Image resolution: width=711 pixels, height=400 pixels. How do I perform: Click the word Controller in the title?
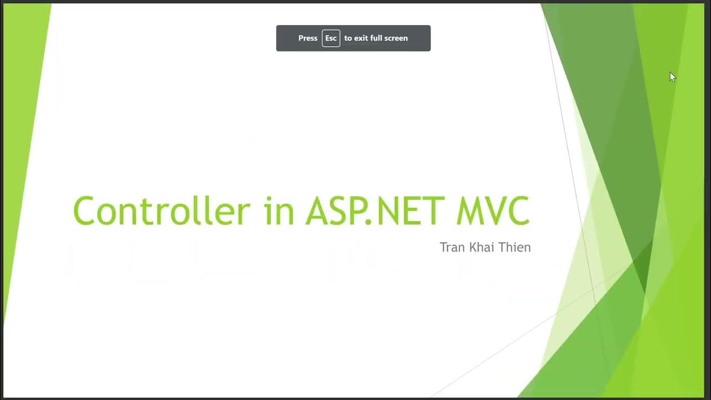(x=161, y=211)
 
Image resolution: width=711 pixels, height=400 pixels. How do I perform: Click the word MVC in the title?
(x=493, y=211)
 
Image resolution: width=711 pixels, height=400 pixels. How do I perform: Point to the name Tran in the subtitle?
(x=452, y=247)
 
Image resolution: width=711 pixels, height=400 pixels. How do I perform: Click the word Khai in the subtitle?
(x=483, y=247)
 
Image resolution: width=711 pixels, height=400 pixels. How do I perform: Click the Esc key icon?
(x=331, y=38)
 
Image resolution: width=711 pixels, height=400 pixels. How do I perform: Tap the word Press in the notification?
(x=308, y=38)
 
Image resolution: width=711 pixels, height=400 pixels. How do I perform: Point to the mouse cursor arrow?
(x=672, y=77)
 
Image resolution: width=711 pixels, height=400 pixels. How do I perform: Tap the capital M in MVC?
(x=469, y=211)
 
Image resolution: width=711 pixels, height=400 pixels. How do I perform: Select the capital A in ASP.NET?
(x=319, y=211)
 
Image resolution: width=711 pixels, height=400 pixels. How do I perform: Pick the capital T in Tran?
(x=444, y=247)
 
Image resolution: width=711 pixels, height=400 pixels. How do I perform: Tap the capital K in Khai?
(x=473, y=247)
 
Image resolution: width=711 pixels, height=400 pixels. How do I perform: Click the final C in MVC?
(x=517, y=211)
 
